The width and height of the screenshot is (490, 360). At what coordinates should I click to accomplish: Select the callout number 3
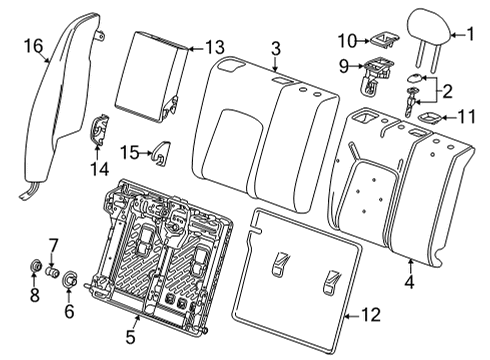point(276,47)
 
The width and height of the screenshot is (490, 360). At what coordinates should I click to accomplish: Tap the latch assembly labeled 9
point(376,71)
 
